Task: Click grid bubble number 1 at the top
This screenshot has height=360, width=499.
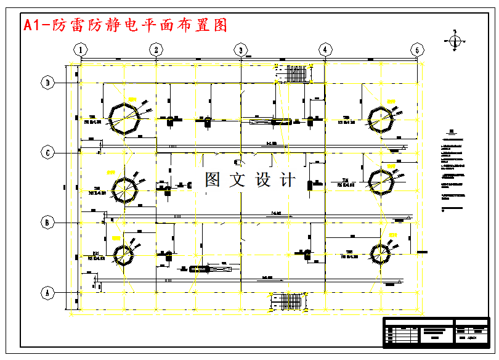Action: [x=79, y=50]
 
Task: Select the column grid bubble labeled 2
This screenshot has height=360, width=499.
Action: [x=156, y=50]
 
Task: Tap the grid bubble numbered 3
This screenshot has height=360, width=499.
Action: [x=240, y=50]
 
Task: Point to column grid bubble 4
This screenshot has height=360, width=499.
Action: [x=325, y=50]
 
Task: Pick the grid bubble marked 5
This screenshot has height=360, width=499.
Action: [x=418, y=50]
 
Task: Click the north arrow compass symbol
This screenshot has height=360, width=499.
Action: [x=455, y=41]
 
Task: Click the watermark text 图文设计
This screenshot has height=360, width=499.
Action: [x=250, y=180]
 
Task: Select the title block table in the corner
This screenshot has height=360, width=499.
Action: [x=436, y=332]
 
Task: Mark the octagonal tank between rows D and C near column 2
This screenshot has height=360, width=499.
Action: [x=124, y=117]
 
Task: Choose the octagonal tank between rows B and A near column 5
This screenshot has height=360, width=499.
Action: [x=380, y=252]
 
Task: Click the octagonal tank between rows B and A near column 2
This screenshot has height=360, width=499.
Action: [x=123, y=254]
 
